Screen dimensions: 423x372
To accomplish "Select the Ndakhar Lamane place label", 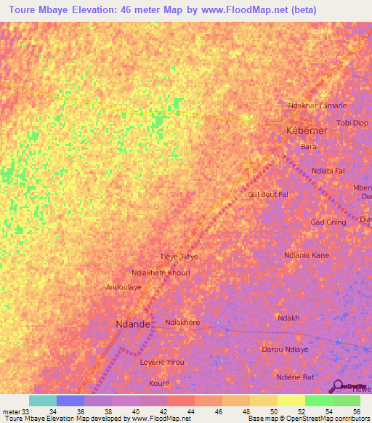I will click(318, 105).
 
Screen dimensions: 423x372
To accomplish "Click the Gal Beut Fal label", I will click(268, 195).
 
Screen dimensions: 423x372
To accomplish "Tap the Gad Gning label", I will click(327, 222).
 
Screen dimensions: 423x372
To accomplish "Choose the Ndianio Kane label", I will click(306, 255).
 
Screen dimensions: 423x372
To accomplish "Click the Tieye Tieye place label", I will click(179, 257).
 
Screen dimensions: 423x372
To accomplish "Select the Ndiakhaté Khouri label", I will click(160, 273).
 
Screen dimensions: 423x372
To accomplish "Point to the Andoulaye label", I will click(124, 287).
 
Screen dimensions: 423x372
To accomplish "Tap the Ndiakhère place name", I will click(182, 322).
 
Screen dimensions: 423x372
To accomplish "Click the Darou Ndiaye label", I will click(286, 349).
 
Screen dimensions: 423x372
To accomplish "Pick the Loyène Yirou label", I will click(161, 362).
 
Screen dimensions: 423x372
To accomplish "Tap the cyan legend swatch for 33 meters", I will click(42, 400).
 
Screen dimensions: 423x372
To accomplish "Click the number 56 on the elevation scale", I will click(355, 411).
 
